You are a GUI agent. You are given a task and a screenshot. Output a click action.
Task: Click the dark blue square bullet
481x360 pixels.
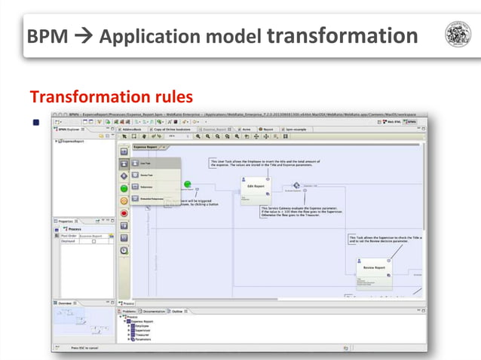click(35, 122)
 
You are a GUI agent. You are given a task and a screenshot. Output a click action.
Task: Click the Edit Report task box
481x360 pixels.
click(255, 191)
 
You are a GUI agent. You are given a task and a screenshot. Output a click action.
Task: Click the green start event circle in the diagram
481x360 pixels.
click(188, 187)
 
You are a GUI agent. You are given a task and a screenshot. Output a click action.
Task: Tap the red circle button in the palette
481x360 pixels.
click(124, 213)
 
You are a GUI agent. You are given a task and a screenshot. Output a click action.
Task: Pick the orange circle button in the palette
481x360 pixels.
click(124, 200)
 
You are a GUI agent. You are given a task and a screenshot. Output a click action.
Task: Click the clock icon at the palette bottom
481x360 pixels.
click(124, 250)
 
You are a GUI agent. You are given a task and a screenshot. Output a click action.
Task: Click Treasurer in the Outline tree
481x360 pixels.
click(144, 334)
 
